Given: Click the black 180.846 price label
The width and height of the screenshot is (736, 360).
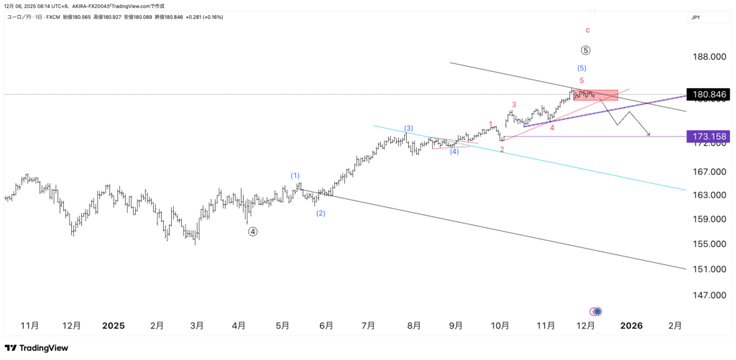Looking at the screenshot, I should tap(707, 94).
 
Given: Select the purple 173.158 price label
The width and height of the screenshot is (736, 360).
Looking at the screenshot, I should tap(707, 136).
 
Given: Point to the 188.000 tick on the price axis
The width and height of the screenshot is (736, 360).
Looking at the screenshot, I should tap(708, 57).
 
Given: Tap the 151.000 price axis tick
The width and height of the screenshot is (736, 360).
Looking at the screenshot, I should tap(708, 269).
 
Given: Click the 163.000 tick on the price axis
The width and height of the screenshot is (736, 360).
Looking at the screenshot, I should tap(708, 195).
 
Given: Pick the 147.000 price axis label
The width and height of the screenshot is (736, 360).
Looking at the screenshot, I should tap(708, 295).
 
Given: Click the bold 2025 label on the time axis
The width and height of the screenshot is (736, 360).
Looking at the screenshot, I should tap(113, 326).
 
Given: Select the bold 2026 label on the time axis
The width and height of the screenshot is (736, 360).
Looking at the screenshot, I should tap(631, 326).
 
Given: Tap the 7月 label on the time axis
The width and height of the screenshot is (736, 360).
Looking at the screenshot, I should tap(368, 326).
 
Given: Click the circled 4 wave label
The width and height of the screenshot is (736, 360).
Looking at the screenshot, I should tap(253, 231).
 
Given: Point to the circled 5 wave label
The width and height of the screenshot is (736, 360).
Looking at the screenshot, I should tap(586, 50).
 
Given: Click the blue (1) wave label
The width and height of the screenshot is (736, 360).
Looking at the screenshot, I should tap(295, 175).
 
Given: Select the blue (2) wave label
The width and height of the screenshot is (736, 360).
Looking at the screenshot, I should tap(321, 213).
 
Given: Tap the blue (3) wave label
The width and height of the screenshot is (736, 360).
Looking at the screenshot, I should tap(408, 128).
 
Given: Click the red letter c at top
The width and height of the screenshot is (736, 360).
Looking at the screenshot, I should tap(588, 30).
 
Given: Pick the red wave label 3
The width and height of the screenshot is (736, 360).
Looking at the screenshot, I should tap(514, 105).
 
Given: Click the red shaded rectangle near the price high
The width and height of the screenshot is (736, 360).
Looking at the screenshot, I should tap(597, 95).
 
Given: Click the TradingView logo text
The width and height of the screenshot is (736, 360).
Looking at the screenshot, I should tap(43, 348).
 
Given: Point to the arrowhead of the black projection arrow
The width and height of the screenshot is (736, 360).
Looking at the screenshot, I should tap(649, 135).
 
